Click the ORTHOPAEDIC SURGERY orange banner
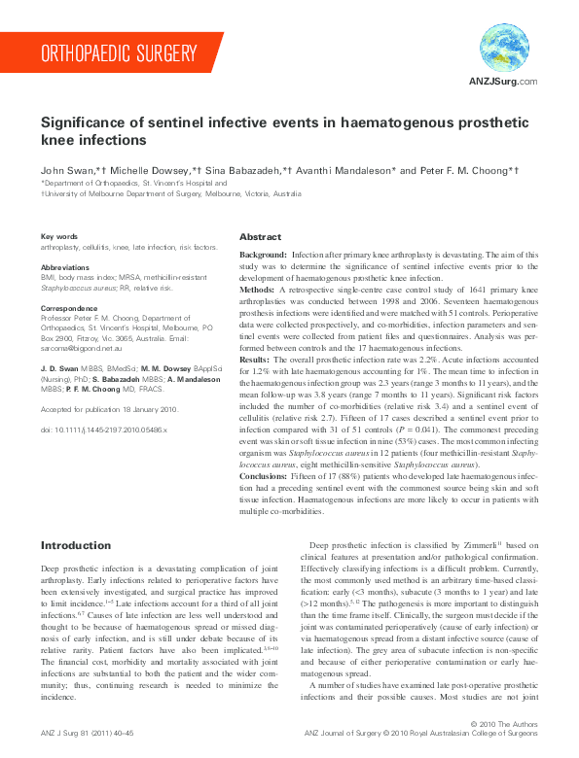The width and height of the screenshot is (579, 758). click(117, 52)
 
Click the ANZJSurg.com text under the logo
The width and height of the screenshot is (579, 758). click(503, 82)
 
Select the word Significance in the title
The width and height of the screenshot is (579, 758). click(86, 123)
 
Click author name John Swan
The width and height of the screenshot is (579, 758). click(65, 170)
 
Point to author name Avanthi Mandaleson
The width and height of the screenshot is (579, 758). click(350, 170)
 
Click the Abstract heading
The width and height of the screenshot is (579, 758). click(261, 237)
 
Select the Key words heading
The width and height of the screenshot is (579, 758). click(59, 237)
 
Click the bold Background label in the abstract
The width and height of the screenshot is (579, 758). click(263, 254)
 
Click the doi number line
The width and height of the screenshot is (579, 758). click(104, 401)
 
